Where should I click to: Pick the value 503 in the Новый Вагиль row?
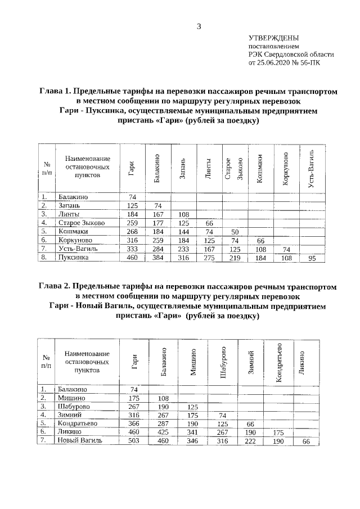click(x=133, y=441)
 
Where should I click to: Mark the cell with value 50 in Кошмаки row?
click(x=235, y=232)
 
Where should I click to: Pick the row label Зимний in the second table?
click(x=69, y=415)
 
